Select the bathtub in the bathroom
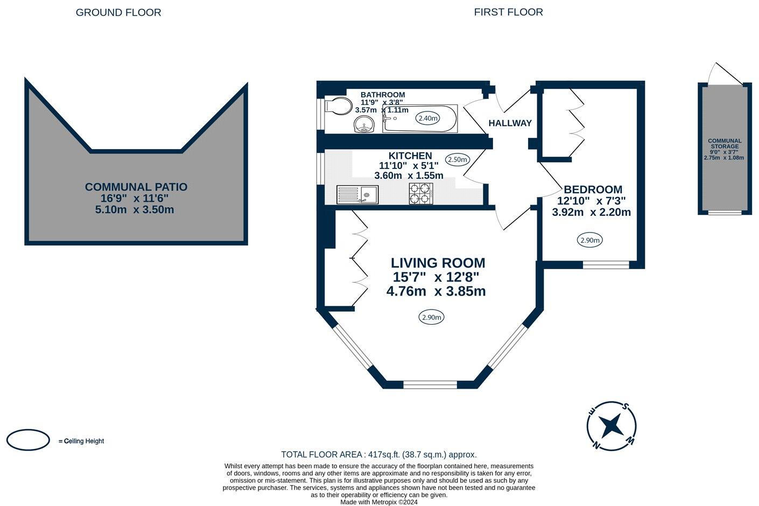click(420, 119)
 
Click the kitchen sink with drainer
click(357, 194)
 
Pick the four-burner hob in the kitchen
click(421, 194)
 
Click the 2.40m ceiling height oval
click(428, 118)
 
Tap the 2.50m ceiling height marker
click(458, 159)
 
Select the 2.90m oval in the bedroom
click(590, 240)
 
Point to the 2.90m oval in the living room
click(432, 318)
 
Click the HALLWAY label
click(510, 123)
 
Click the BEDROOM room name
click(593, 189)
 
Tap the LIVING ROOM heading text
click(438, 263)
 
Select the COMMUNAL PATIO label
click(136, 187)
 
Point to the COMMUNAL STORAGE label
click(725, 144)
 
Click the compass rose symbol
click(611, 426)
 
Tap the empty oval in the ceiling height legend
click(28, 440)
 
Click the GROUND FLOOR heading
click(118, 12)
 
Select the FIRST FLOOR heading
click(508, 12)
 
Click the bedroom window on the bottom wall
click(606, 264)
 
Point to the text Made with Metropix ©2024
click(379, 502)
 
